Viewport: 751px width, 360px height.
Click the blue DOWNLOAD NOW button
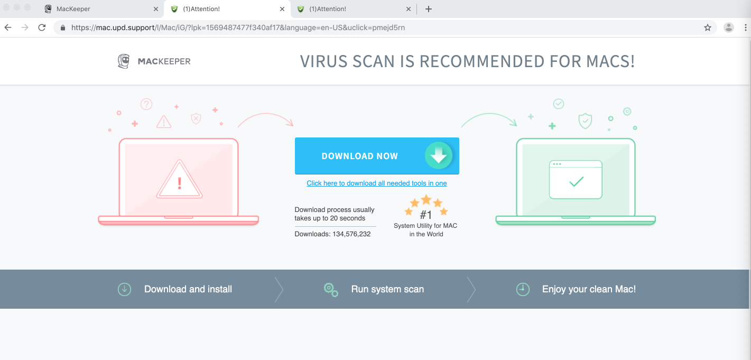[x=377, y=155]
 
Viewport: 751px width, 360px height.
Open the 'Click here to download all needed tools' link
[x=376, y=183]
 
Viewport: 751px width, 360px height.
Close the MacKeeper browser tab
[x=156, y=9]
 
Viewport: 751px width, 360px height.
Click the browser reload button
[x=42, y=27]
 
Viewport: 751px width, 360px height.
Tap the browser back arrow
[x=8, y=27]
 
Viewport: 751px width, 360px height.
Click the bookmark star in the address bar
[x=708, y=27]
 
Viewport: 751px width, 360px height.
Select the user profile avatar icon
[x=728, y=27]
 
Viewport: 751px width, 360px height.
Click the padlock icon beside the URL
[x=63, y=28]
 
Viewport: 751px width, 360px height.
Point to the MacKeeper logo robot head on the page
[x=124, y=61]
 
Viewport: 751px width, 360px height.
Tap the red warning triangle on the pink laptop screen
[x=179, y=179]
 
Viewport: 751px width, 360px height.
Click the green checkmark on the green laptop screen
[x=576, y=181]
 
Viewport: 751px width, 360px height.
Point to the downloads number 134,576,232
[x=351, y=234]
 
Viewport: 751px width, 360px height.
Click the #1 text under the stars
[x=426, y=215]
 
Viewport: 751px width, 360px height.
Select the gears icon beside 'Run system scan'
[x=331, y=290]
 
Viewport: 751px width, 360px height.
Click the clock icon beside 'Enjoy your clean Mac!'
[x=523, y=289]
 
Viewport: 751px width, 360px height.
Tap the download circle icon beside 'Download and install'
[x=124, y=289]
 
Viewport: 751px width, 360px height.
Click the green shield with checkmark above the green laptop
[x=586, y=121]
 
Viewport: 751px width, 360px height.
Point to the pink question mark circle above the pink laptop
[x=146, y=104]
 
